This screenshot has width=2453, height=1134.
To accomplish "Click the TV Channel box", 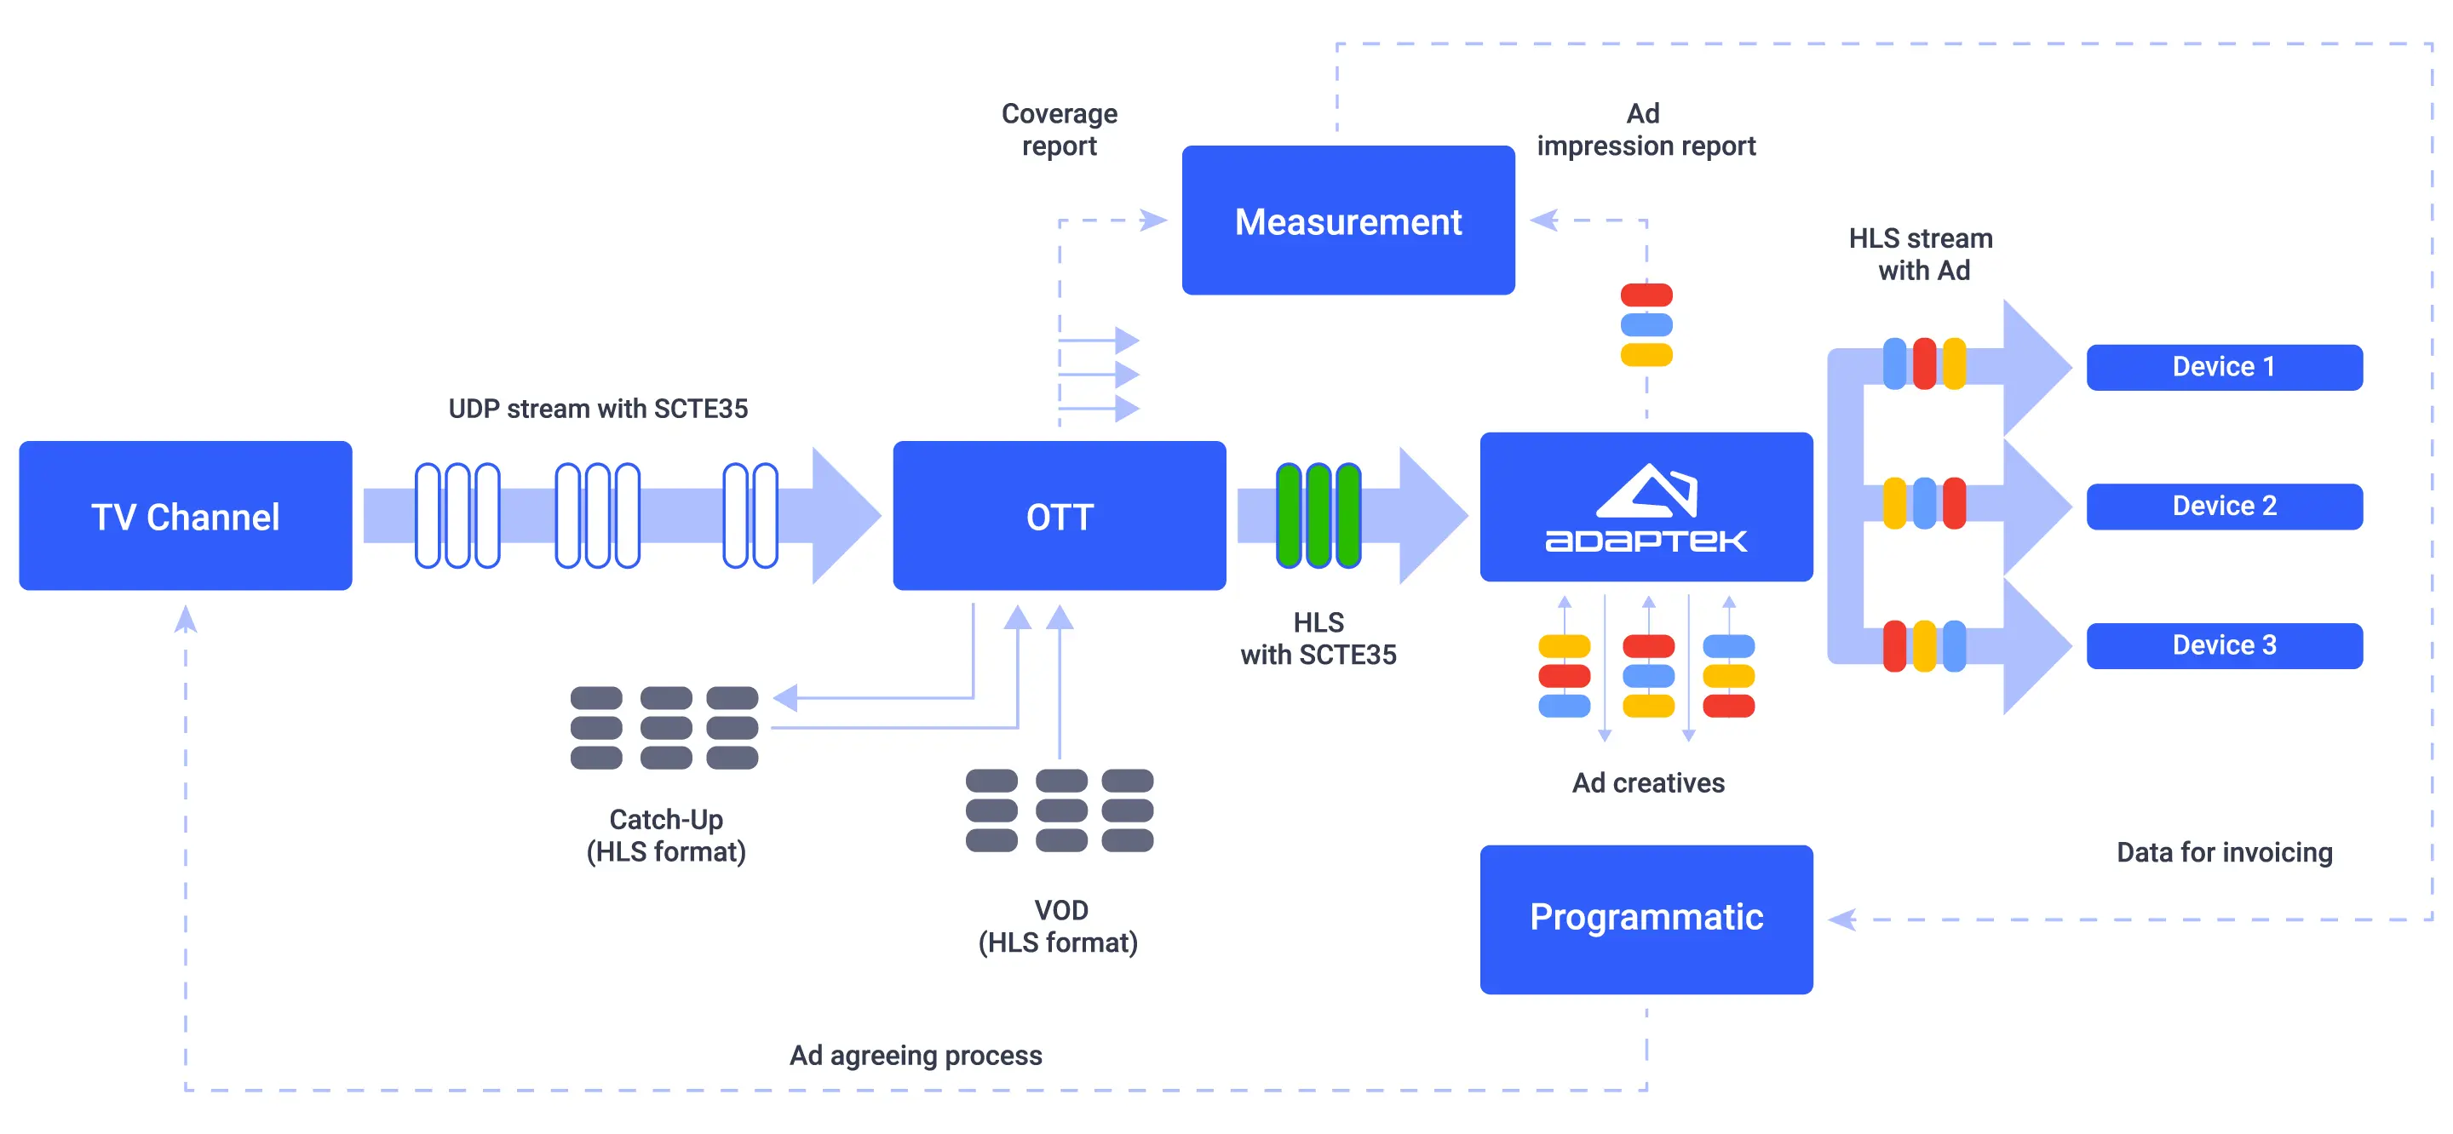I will coord(186,515).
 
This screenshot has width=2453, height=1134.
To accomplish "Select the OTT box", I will coord(1059,515).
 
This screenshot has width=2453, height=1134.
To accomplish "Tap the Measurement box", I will coord(1347,220).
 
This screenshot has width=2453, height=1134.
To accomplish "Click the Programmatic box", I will coord(1646,919).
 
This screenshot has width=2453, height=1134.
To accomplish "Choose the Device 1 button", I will coord(2224,367).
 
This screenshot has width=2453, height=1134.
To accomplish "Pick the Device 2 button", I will coord(2224,506).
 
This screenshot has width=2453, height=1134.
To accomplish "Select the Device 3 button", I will coord(2224,645).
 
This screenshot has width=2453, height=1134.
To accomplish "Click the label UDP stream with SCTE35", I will coord(598,409).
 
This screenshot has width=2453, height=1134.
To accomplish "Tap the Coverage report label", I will coord(1059,129).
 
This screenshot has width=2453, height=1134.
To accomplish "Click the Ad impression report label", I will coord(1646,129).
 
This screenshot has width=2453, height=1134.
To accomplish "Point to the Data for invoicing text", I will coord(2224,852).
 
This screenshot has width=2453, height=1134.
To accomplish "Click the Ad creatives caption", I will coord(1647,782).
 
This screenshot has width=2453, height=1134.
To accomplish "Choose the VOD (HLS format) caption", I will coord(1059,925).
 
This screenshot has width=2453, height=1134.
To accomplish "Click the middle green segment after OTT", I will coord(1318,515).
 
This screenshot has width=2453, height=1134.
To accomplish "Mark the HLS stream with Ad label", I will coord(1922,255).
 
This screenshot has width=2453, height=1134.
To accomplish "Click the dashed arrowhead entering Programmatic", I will coord(1843,919).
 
